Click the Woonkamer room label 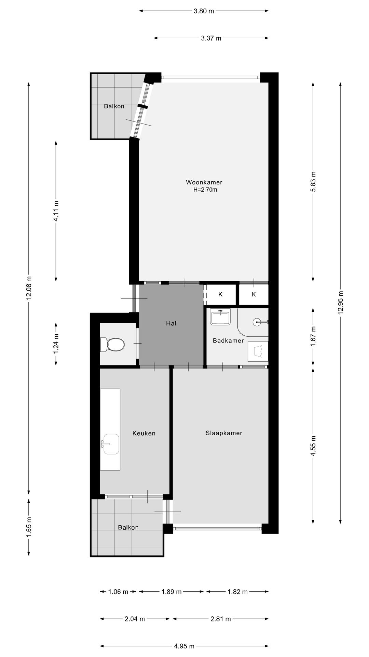[x=204, y=182]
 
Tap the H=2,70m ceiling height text [x=205, y=190]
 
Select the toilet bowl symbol [x=112, y=345]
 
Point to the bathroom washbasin [x=220, y=317]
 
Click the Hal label [x=171, y=323]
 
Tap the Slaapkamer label [x=224, y=433]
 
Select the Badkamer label [x=228, y=340]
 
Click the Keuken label [x=144, y=433]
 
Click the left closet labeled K [x=220, y=294]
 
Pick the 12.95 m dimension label [x=341, y=305]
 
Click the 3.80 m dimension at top [x=204, y=11]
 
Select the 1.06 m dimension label [x=118, y=592]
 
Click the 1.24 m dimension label [x=56, y=344]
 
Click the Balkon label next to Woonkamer [x=114, y=106]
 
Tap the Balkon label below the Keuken [x=128, y=527]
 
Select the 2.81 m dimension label [x=221, y=619]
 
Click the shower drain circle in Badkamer [x=257, y=322]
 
